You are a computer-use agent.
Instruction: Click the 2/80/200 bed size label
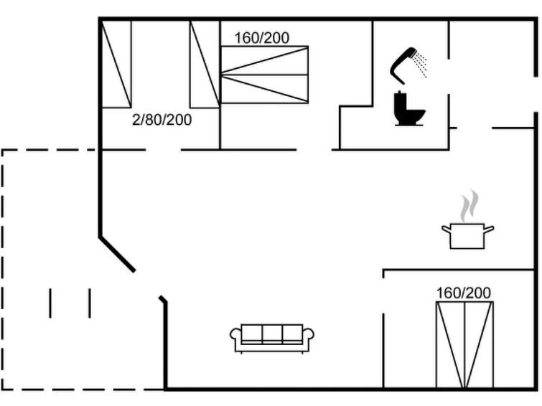tap(162, 120)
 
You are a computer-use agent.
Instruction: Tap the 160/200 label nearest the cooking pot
tap(463, 293)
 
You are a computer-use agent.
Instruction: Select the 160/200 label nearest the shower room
tap(261, 38)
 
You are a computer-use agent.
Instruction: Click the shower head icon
tap(403, 65)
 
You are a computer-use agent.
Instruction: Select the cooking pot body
tap(467, 236)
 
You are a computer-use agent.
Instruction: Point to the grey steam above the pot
tap(469, 206)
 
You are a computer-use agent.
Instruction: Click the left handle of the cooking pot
tap(447, 229)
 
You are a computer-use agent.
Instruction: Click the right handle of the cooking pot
tap(489, 229)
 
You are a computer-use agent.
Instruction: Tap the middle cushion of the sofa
tap(272, 333)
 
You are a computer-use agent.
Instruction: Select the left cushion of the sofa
tap(252, 333)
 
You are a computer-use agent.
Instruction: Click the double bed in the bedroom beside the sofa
tap(464, 345)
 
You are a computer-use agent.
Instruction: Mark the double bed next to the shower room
tap(264, 75)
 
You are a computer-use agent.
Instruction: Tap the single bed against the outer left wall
tap(116, 65)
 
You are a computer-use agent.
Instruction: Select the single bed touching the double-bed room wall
tap(205, 65)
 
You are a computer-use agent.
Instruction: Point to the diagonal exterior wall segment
tap(117, 255)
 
